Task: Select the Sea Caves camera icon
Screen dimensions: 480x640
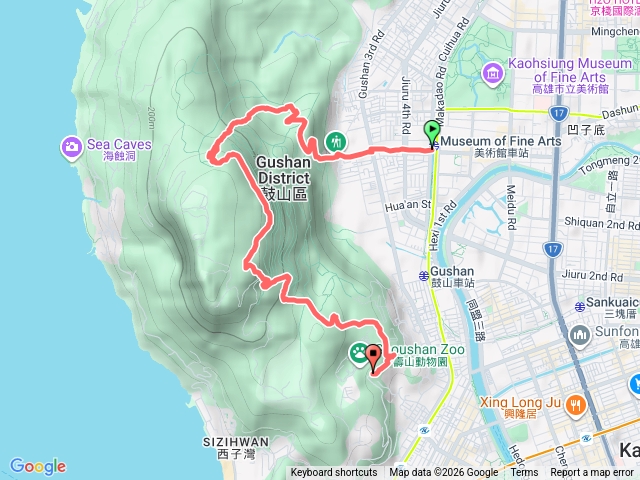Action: [72, 147]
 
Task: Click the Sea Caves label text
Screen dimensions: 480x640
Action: [119, 144]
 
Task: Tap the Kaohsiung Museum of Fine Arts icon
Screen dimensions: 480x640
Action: [492, 72]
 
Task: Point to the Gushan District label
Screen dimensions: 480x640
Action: [283, 169]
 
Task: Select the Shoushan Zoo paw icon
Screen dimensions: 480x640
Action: [358, 353]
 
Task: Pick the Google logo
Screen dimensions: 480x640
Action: [37, 466]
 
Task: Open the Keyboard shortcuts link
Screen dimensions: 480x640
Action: [334, 473]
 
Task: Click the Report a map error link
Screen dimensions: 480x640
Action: [595, 473]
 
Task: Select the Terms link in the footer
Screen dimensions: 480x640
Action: [524, 473]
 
